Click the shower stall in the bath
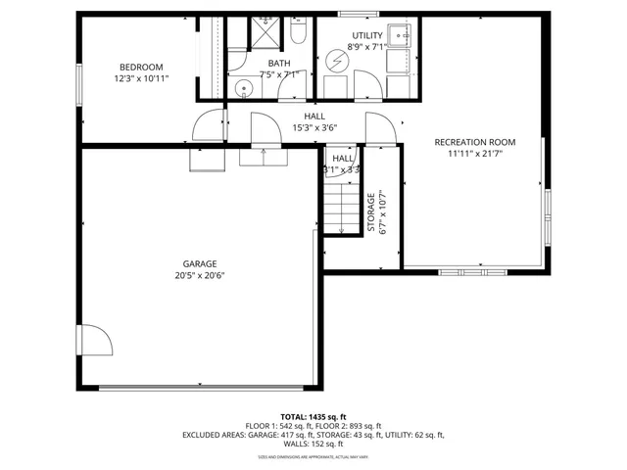pyautogui.click(x=264, y=33)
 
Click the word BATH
pyautogui.click(x=266, y=63)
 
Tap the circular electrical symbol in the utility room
pyautogui.click(x=336, y=61)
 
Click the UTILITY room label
pyautogui.click(x=368, y=36)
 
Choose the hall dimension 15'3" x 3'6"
pyautogui.click(x=313, y=127)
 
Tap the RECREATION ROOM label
pyautogui.click(x=474, y=142)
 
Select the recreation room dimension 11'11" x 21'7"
pyautogui.click(x=474, y=154)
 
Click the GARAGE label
pyautogui.click(x=199, y=263)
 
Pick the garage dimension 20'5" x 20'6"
pyautogui.click(x=199, y=275)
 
